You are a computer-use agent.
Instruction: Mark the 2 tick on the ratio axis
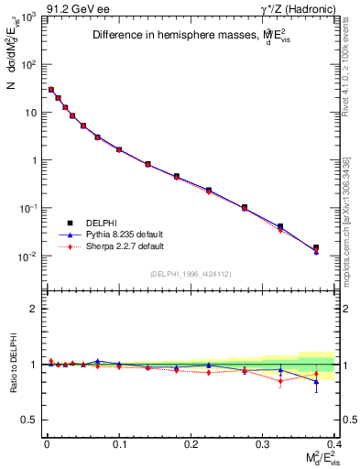34,309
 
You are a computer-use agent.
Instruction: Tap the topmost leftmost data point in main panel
51,90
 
